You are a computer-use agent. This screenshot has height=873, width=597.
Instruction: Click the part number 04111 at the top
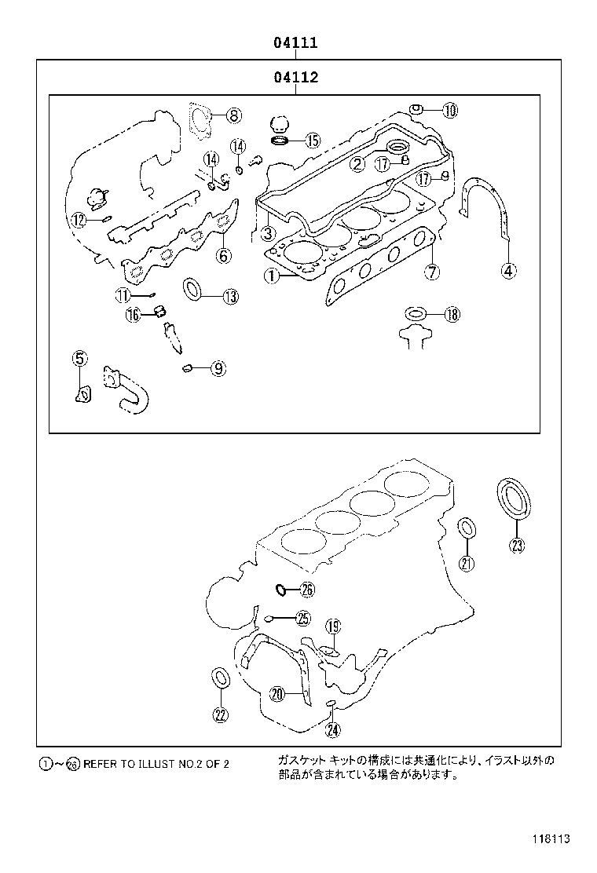[x=295, y=43]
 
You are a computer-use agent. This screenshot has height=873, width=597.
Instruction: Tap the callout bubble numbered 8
[x=233, y=116]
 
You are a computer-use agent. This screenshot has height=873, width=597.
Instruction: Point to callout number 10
[x=449, y=111]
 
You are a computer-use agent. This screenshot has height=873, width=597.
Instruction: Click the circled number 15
[x=312, y=141]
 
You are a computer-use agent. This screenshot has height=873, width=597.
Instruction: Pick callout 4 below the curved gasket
[x=508, y=271]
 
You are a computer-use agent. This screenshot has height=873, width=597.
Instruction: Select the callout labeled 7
[x=432, y=272]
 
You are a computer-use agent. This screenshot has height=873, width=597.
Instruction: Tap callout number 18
[x=451, y=315]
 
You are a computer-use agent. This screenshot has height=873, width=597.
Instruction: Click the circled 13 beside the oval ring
[x=229, y=296]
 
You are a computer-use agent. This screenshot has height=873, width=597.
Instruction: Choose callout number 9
[x=218, y=367]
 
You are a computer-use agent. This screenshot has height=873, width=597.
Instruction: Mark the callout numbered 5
[x=79, y=359]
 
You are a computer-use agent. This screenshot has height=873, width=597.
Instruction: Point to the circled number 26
[x=306, y=590]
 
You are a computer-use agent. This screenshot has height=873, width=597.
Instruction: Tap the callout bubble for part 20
[x=277, y=693]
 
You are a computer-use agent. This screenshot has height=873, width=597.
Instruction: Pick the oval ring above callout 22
[x=221, y=677]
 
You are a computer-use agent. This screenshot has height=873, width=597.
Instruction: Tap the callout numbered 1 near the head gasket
[x=270, y=276]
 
